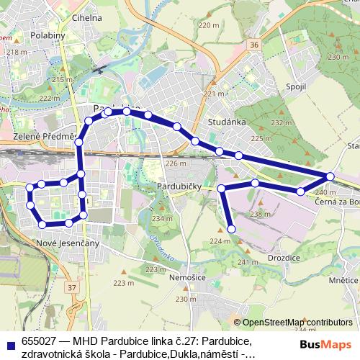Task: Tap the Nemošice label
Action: tap(184, 276)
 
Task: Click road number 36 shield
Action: tap(254, 45)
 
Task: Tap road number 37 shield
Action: tap(71, 288)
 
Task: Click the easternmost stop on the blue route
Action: tap(330, 176)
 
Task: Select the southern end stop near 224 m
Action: tap(232, 229)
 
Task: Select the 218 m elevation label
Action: tap(13, 52)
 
